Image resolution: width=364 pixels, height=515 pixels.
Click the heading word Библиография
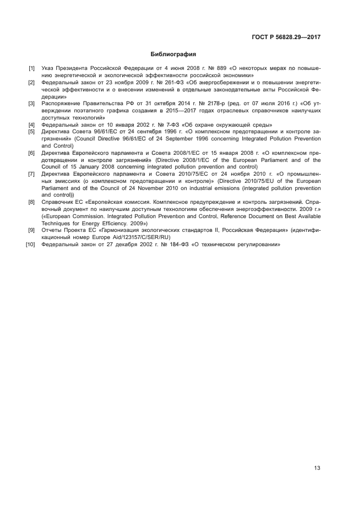pyautogui.click(x=173, y=55)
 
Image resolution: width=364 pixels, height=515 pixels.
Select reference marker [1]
pyautogui.click(x=31, y=68)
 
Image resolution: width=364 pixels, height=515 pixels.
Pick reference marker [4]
pyautogui.click(x=31, y=125)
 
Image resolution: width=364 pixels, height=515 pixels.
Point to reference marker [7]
pyautogui.click(x=31, y=174)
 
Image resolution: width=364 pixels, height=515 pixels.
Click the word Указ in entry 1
pyautogui.click(x=48, y=68)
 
